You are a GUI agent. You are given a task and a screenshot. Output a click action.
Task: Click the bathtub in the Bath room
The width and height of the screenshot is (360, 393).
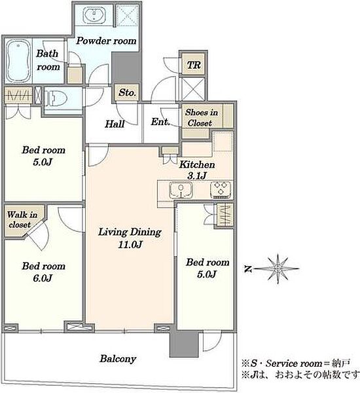point(18,62)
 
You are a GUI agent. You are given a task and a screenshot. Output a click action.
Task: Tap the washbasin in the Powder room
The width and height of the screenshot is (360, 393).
point(94,14)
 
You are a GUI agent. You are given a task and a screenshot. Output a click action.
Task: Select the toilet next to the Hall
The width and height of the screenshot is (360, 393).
point(56,98)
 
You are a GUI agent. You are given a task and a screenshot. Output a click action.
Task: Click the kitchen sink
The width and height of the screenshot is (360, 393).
point(181,189)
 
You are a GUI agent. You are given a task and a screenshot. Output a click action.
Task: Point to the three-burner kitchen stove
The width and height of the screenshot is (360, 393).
point(221,189)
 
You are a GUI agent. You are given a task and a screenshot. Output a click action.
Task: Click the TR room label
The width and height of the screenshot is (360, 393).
point(194,65)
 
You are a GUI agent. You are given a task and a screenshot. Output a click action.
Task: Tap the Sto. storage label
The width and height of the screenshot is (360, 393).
point(127,92)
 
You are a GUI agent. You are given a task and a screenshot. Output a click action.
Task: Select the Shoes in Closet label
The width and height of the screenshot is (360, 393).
point(201,117)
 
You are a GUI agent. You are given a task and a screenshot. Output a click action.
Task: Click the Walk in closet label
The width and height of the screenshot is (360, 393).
point(22,219)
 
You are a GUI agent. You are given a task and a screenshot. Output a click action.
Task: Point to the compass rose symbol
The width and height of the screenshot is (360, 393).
point(278,269)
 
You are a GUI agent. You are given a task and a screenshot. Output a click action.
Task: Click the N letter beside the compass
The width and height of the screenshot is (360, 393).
point(247,269)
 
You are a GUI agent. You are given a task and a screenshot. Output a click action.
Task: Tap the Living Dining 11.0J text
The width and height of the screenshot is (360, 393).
point(130,238)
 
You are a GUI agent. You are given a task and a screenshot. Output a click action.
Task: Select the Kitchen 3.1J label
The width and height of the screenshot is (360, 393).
point(197,170)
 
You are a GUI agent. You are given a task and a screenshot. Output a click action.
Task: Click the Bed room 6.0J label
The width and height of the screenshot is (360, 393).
point(43,272)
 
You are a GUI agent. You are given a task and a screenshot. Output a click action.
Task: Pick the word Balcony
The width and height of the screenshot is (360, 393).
point(118,359)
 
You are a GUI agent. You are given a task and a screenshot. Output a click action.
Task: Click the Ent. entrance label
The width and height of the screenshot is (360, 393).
point(160,122)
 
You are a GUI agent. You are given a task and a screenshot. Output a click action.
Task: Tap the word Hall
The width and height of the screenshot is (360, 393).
point(115,124)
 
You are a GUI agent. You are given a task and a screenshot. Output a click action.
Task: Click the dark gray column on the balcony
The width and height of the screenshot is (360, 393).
point(184,344)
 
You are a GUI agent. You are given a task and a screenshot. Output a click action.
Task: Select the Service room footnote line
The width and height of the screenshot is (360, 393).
point(296,363)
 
